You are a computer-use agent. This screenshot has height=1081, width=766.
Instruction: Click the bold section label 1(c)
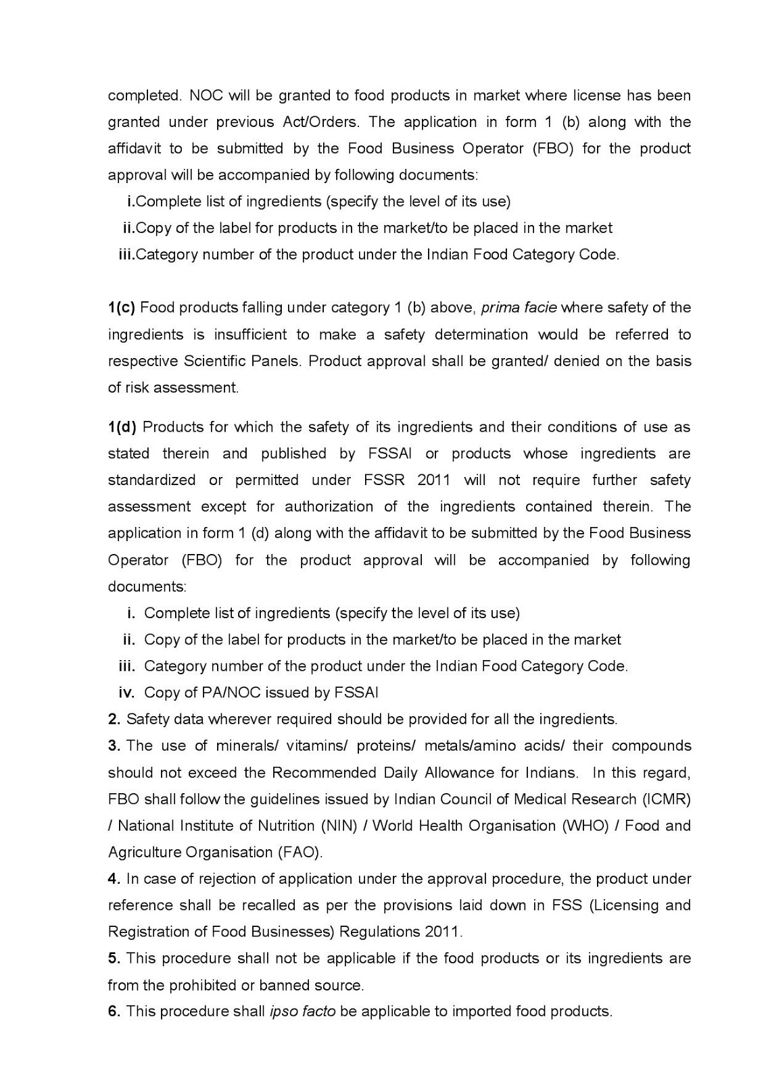tap(122, 308)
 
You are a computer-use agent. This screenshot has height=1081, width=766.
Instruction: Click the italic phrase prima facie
tap(519, 308)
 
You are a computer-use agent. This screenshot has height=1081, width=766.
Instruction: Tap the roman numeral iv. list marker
tap(127, 693)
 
